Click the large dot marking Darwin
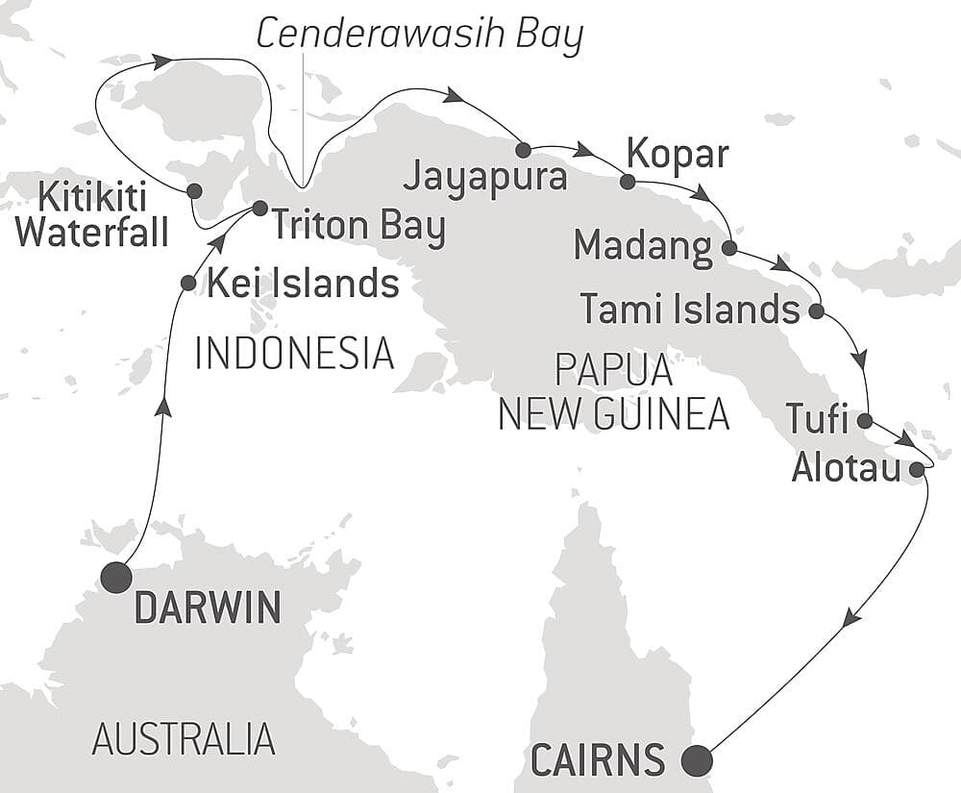pos(116,578)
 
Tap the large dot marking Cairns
pos(697,760)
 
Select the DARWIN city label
pos(208,607)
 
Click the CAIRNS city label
pos(597,760)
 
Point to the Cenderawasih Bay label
pos(420,35)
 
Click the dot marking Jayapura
pos(524,150)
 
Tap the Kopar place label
pos(678,153)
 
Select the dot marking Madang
pos(728,248)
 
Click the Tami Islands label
pos(690,310)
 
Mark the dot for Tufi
pos(864,420)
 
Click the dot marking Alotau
pos(917,469)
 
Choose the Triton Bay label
pos(358,228)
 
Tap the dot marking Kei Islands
pos(188,284)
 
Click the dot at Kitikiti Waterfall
pos(194,190)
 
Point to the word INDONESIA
pos(294,353)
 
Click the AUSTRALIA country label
pos(184,739)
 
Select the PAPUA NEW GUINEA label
pos(615,393)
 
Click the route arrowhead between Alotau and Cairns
pos(850,620)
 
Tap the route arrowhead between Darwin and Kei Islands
pos(164,407)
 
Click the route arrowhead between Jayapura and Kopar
pos(583,150)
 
